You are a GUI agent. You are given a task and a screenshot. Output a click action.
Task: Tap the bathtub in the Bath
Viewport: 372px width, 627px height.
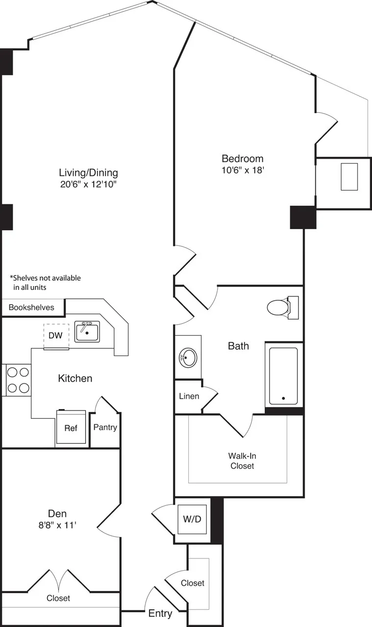coord(283,375)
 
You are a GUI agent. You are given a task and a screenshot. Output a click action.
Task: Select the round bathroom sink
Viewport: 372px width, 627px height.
coord(188,358)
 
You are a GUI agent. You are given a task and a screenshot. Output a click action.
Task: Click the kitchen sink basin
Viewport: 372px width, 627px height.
coord(87,332)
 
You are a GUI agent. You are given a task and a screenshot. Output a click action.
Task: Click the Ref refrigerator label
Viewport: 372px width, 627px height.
coord(71,428)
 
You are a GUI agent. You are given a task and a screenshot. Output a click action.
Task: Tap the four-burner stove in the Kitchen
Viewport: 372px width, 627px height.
coord(18,380)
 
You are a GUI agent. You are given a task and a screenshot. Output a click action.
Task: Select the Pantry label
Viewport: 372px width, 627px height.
coord(105,427)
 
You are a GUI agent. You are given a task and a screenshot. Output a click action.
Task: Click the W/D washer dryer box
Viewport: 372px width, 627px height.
coord(192,519)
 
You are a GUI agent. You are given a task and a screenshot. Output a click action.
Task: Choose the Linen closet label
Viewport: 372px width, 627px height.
coord(189,396)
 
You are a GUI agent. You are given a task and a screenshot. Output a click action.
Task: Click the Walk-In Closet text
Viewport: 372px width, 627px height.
coord(243,460)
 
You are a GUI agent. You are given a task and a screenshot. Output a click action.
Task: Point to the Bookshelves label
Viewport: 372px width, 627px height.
coord(31,308)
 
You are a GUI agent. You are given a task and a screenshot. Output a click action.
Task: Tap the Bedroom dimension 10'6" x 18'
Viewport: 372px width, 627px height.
coord(243,170)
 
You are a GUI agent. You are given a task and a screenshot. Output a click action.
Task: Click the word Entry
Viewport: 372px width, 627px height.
coord(160,613)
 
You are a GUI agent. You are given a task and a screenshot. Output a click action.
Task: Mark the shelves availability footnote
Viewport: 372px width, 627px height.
coord(45,283)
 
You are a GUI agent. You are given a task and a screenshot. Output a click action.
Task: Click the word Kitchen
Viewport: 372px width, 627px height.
coord(75,378)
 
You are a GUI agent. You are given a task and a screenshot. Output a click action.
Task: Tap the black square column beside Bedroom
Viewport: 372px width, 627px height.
coord(303,217)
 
